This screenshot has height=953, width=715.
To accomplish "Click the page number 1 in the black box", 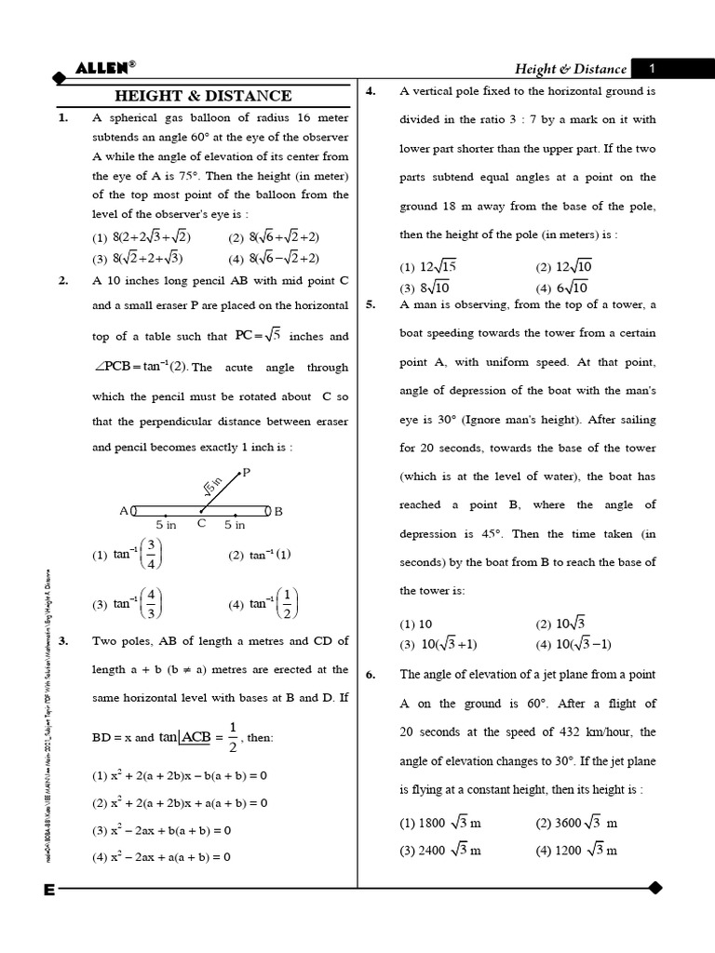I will click(x=653, y=68).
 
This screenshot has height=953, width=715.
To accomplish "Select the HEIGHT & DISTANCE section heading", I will click(x=202, y=95).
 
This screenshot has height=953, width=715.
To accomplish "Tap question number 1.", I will click(x=63, y=118).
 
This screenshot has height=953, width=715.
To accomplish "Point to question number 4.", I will click(x=371, y=91).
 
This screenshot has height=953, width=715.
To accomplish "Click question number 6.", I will click(x=371, y=675).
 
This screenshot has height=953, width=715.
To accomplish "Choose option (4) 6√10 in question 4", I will click(x=561, y=288).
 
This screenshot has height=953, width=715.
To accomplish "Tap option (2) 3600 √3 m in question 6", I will click(x=576, y=823).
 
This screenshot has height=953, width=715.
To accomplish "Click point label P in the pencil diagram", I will click(x=246, y=473).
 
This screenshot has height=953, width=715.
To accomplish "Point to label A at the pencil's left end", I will click(x=124, y=511).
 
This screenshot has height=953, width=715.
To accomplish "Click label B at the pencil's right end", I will click(x=278, y=511).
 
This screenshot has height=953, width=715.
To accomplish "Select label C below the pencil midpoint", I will click(x=201, y=524).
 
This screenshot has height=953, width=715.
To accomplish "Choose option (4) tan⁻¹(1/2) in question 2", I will click(x=263, y=604).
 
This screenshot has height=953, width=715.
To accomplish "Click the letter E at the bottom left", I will click(x=48, y=890).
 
